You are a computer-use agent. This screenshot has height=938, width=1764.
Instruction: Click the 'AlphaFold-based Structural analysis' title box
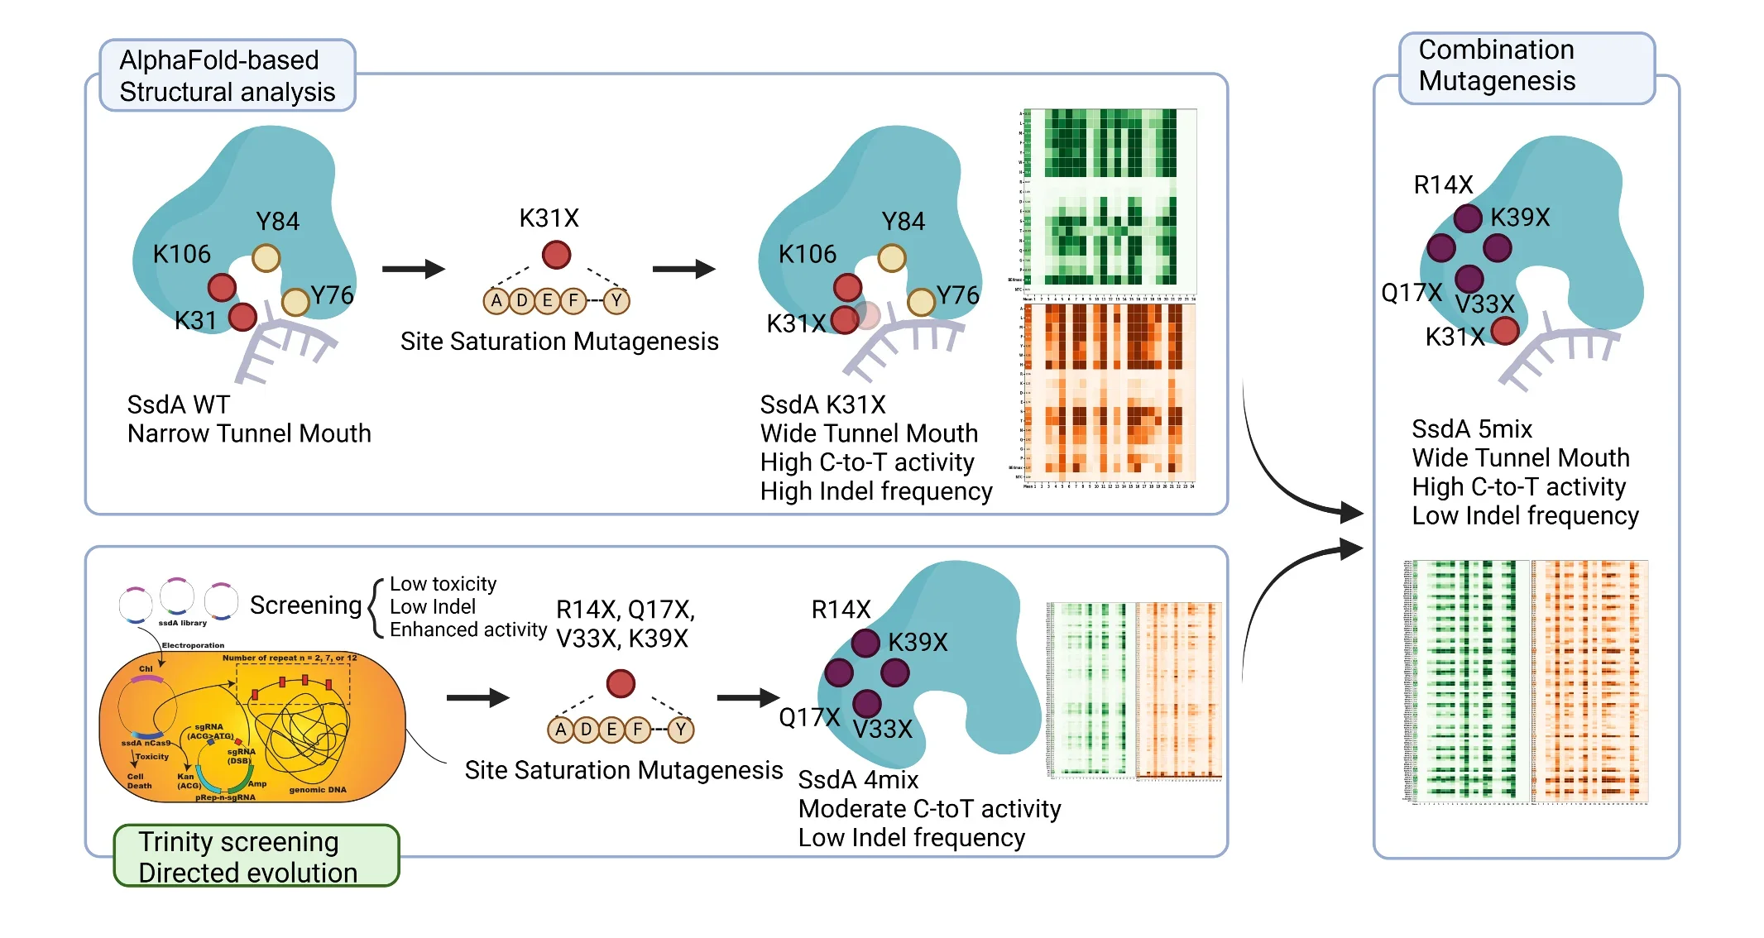(x=227, y=75)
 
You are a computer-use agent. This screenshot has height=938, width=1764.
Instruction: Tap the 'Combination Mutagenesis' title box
(x=1526, y=65)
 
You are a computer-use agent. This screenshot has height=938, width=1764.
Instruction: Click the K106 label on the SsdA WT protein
(x=181, y=254)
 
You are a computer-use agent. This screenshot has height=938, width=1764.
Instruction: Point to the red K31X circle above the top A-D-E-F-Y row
(x=556, y=255)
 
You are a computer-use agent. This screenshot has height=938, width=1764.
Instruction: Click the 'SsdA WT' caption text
(x=178, y=404)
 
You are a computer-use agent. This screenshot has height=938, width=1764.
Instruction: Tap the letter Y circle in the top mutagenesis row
(x=616, y=300)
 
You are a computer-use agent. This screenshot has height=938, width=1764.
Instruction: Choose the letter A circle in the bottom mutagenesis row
(x=560, y=730)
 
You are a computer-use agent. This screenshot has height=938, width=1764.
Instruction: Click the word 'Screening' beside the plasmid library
(x=305, y=605)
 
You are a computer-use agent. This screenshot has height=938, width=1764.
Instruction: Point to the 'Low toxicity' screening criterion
(x=443, y=584)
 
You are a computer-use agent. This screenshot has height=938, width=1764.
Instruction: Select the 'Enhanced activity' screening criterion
(x=468, y=629)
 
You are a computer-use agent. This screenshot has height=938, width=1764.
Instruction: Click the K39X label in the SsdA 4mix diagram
(x=918, y=642)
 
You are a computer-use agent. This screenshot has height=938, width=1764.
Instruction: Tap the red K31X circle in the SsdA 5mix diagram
(x=1505, y=331)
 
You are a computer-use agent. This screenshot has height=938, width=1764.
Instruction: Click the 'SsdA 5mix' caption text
(x=1472, y=429)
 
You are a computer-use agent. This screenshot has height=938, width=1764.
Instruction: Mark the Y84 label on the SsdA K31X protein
(x=903, y=222)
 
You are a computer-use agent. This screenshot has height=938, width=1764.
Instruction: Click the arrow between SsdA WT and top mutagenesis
(x=414, y=269)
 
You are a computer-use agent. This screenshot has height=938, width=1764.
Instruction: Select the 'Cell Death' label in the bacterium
(x=139, y=781)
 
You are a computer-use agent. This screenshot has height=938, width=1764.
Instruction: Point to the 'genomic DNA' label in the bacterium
(x=318, y=790)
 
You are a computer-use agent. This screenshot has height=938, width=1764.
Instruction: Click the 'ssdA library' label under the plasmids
(x=182, y=623)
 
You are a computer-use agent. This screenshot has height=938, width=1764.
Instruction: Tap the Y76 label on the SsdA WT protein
(x=332, y=295)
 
